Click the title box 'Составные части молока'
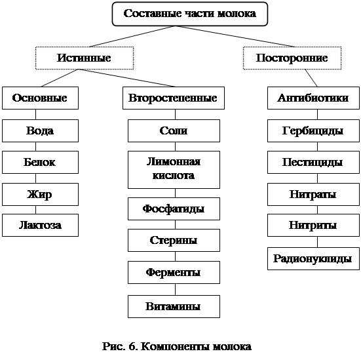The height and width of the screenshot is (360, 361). (190, 14)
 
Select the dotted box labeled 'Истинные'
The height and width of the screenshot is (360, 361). (85, 58)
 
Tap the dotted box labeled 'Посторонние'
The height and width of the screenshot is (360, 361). (292, 58)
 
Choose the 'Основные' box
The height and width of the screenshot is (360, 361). (40, 98)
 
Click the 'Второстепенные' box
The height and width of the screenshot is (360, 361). (174, 98)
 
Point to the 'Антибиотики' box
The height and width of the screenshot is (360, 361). (313, 98)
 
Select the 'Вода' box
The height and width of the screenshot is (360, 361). (40, 130)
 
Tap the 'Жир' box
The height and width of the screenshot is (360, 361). (40, 194)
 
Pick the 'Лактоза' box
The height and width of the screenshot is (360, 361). (40, 225)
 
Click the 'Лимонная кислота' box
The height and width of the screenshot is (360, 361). (174, 170)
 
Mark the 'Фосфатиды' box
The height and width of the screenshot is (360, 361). (174, 209)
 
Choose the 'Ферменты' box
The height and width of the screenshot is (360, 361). (174, 272)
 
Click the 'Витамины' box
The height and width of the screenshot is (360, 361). (174, 306)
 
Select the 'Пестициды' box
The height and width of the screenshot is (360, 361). (313, 162)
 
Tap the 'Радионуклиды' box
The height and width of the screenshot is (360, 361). (313, 258)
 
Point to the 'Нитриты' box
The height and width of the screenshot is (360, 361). (313, 225)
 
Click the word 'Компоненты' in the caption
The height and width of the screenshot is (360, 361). (175, 347)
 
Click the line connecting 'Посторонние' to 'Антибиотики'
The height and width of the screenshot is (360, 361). (311, 78)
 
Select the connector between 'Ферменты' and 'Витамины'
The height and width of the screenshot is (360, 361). (175, 289)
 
